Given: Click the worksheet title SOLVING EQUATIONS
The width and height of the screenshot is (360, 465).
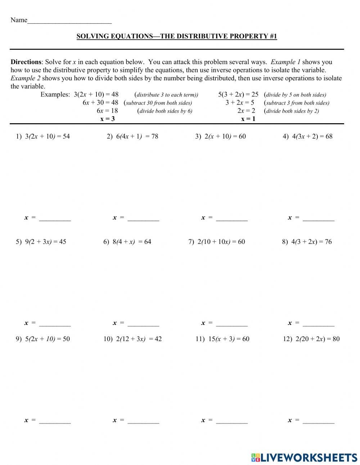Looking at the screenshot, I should coord(177,36).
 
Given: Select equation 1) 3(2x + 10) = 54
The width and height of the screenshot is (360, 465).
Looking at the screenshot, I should coord(43,137).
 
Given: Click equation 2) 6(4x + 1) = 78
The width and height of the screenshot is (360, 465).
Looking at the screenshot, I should coord(132,137).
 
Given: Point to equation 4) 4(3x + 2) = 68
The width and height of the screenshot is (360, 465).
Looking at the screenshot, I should coord(307,137).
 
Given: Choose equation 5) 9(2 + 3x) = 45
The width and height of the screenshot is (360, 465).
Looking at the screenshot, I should coord(41,242).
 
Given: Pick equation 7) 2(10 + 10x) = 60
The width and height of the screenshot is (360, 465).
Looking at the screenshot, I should coord(217,242).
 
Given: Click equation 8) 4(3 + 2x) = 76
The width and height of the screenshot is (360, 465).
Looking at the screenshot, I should coord(307,242).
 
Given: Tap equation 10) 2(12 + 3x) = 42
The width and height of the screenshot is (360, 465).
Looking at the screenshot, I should coord(132,339).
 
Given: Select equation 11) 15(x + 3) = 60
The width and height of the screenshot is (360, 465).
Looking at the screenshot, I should coord(222,339).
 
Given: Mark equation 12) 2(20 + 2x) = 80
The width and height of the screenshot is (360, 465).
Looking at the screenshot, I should coord(311,339).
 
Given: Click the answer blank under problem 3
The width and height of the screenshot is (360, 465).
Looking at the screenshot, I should coord(232,218).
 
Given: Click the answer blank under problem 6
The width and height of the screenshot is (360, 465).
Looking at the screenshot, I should coord(143,323).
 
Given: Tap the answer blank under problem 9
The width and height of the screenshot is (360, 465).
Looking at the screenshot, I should coord(55,421).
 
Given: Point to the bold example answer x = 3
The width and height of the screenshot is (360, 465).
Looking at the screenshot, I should coord(108,119).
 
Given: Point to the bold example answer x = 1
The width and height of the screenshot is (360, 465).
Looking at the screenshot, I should coord(248,119).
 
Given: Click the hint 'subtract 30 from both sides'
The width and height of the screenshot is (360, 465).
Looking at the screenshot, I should coord(158,103).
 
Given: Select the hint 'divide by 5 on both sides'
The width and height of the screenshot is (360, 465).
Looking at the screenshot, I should coord(296,95).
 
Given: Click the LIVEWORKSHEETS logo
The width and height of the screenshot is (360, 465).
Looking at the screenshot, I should coord(304,457).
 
